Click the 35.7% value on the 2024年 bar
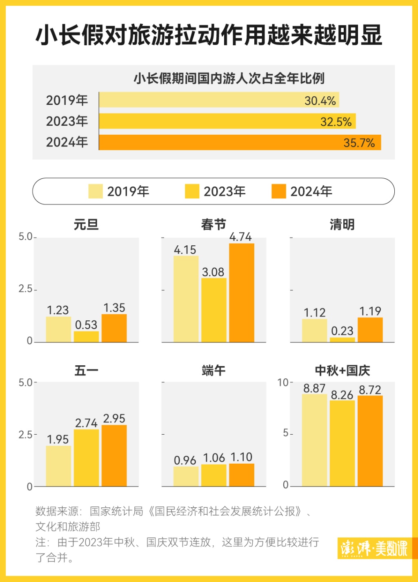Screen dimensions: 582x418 [359, 143]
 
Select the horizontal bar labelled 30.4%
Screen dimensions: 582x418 [219, 100]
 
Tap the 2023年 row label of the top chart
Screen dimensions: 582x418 [67, 121]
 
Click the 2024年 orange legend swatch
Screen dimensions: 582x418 [279, 191]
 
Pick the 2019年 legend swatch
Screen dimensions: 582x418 [96, 191]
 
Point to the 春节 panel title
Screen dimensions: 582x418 [213, 224]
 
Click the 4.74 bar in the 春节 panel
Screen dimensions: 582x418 [242, 293]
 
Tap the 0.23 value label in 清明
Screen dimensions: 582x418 [342, 331]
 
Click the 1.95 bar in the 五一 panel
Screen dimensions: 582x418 [58, 466]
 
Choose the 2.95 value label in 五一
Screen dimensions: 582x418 [114, 419]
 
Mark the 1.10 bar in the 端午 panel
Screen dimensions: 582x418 [242, 475]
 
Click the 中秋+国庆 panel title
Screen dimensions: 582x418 [342, 371]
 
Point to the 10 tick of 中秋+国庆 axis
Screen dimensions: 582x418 [283, 382]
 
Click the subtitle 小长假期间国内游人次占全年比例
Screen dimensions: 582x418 [229, 78]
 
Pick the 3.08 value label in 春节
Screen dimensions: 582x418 [213, 272]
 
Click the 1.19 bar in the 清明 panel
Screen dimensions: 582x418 [370, 330]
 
